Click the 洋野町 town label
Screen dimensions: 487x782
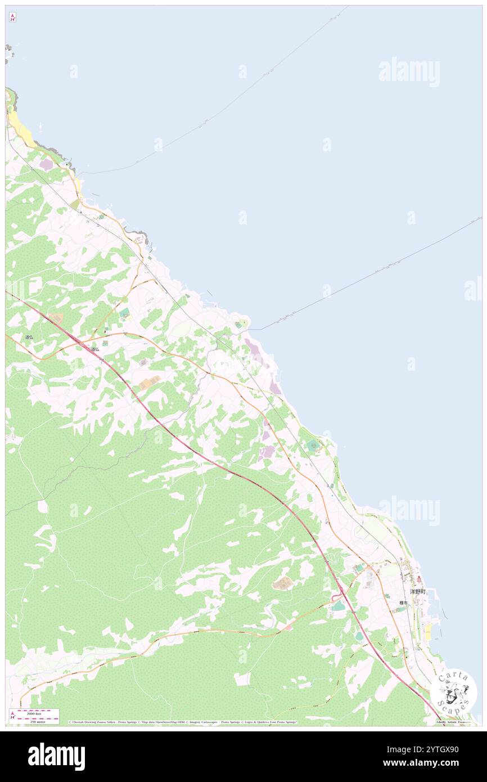[417, 592]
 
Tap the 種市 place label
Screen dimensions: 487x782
[403, 603]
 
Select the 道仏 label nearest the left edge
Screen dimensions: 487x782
[29, 337]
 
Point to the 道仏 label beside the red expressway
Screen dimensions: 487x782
[95, 349]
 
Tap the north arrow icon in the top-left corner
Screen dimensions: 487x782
[12, 17]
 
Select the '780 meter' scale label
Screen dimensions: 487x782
[38, 721]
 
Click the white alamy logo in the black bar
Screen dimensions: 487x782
[56, 756]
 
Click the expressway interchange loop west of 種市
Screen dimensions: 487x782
[339, 592]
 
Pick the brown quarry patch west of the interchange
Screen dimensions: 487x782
[282, 583]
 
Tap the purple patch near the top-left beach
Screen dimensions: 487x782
[46, 164]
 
